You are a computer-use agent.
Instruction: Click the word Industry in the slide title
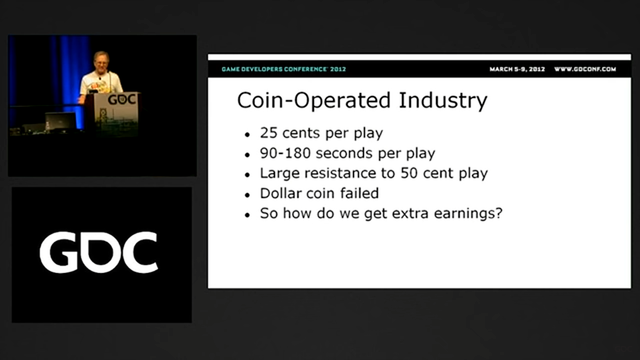[x=443, y=100]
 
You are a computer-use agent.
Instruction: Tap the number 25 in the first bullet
[x=269, y=133]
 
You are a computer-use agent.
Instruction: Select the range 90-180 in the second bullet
[x=285, y=153]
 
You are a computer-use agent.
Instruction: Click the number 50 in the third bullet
[x=409, y=173]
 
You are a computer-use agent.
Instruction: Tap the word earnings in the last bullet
[x=464, y=214]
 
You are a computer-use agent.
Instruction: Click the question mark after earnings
[x=499, y=213]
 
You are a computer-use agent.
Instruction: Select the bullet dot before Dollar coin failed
[x=247, y=195]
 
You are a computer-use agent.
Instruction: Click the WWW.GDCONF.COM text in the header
[x=585, y=69]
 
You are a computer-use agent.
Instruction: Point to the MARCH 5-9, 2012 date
[x=517, y=69]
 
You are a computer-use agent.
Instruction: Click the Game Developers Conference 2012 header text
[x=284, y=69]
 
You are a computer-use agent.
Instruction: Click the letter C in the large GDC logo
[x=140, y=252]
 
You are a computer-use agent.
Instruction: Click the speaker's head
[x=101, y=61]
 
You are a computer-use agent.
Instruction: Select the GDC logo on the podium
[x=122, y=99]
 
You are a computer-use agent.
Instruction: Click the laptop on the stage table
[x=61, y=121]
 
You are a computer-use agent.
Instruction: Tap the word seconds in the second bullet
[x=344, y=153]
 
